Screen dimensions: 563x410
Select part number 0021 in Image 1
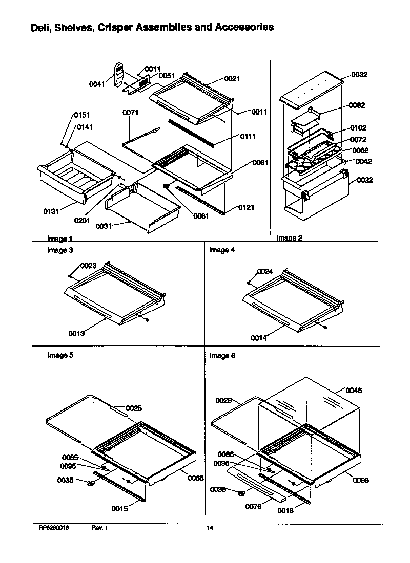(232, 79)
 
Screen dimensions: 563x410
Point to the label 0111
(248, 136)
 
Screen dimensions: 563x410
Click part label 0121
(246, 208)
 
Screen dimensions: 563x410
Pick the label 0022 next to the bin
(365, 180)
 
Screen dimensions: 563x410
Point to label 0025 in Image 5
(133, 408)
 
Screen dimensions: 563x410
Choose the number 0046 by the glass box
(353, 390)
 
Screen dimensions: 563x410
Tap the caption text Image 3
(57, 250)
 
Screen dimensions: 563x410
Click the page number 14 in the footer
(210, 528)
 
